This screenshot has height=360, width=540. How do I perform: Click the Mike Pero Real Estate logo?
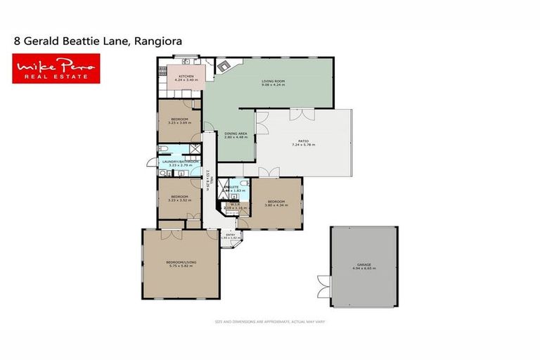pyautogui.click(x=56, y=69)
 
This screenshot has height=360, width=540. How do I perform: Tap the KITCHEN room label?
pyautogui.click(x=186, y=75)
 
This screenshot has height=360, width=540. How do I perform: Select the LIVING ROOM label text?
pyautogui.click(x=273, y=82)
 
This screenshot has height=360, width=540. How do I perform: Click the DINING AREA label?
pyautogui.click(x=235, y=133)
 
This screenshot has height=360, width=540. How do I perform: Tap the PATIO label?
pyautogui.click(x=304, y=141)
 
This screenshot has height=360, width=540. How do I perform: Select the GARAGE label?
pyautogui.click(x=364, y=264)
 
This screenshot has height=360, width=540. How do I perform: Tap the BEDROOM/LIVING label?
pyautogui.click(x=181, y=262)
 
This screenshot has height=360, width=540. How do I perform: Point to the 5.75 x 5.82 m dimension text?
pyautogui.click(x=181, y=266)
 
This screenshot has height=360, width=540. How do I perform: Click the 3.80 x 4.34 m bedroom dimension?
pyautogui.click(x=276, y=205)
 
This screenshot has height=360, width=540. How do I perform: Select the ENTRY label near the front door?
pyautogui.click(x=230, y=234)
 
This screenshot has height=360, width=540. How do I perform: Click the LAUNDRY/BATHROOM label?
pyautogui.click(x=176, y=161)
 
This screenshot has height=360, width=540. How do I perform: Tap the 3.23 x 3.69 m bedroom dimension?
pyautogui.click(x=179, y=122)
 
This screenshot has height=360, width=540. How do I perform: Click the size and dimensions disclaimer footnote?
pyautogui.click(x=269, y=321)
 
